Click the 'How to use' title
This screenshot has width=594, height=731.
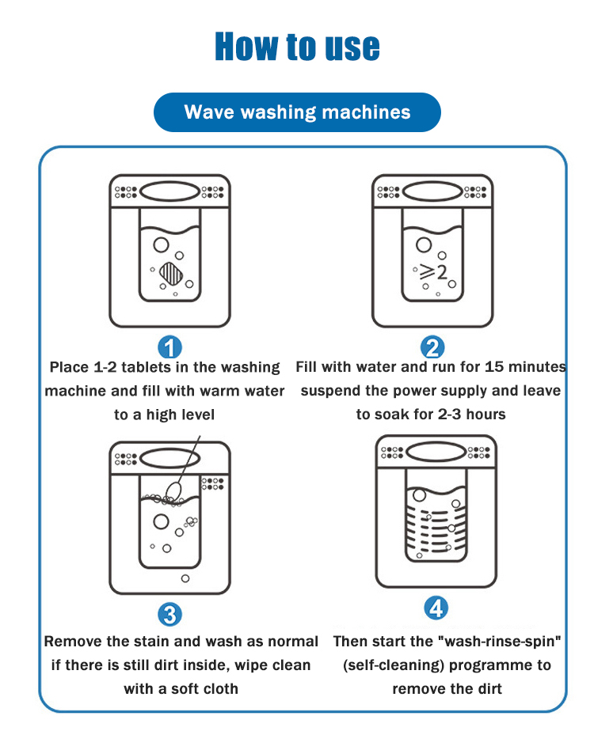tap(297, 47)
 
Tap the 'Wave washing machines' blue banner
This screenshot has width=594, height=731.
tap(297, 112)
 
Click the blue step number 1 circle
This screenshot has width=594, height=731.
tap(169, 347)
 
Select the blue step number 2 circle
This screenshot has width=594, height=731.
tap(432, 347)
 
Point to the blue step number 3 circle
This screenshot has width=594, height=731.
tap(169, 615)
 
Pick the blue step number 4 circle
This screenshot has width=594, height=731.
tap(436, 608)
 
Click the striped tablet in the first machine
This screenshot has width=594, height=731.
tap(171, 274)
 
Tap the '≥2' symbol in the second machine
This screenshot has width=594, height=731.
tap(433, 271)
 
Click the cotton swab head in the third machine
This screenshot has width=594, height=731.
tap(173, 490)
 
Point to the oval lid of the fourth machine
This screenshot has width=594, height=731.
tap(436, 452)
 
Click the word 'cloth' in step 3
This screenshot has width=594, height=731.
tap(219, 688)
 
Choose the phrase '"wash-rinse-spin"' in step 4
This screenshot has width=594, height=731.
tap(500, 642)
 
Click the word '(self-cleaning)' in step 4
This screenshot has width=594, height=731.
tap(394, 665)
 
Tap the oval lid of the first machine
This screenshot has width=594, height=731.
tap(169, 191)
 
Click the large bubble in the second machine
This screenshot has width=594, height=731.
tap(424, 244)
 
